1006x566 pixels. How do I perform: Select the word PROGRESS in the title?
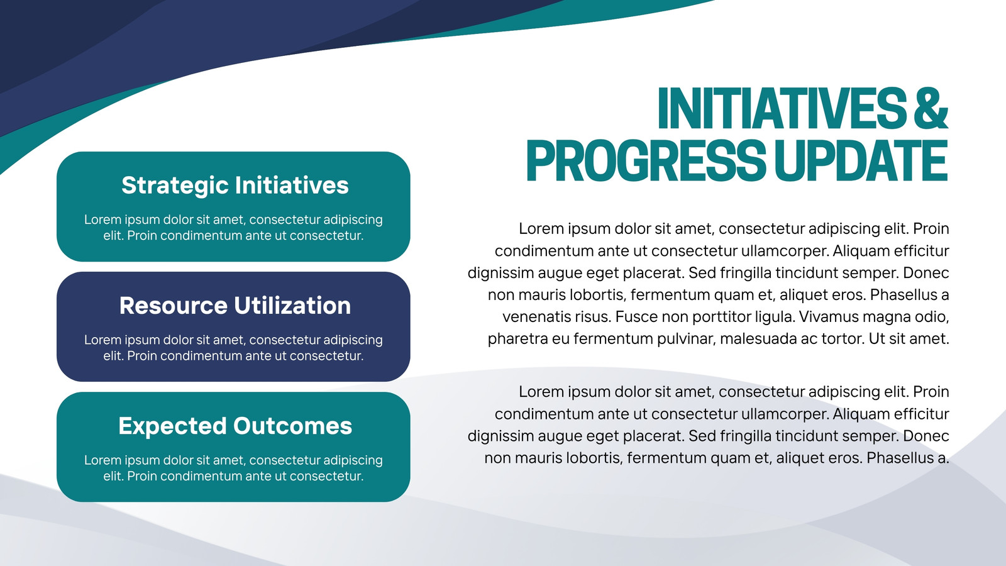coord(645,160)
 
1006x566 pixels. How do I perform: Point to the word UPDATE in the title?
coord(861,160)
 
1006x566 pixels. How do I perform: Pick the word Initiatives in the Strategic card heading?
coord(292,185)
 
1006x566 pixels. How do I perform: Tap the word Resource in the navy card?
coord(174,306)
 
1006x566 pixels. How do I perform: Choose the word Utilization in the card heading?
coord(292,306)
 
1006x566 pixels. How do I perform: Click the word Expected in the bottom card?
coord(172,426)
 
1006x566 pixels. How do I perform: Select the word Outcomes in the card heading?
coord(292,426)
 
